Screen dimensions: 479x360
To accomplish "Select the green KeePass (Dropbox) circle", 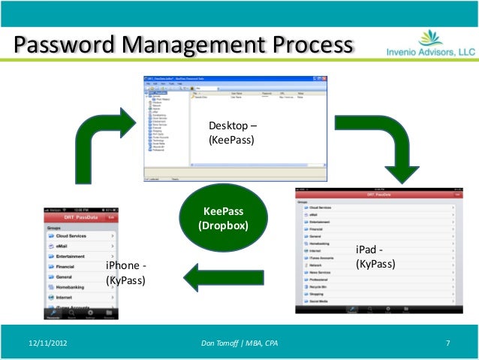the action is point(222,219).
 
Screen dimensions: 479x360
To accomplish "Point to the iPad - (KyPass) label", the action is point(375,257).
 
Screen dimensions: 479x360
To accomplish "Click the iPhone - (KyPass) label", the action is point(125,274).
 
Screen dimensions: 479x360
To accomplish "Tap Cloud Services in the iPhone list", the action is point(72,235).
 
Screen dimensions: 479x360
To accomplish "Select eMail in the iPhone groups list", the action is point(64,246).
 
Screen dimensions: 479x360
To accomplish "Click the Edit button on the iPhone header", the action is point(111,216).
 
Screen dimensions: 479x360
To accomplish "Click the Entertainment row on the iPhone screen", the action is point(72,256).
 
